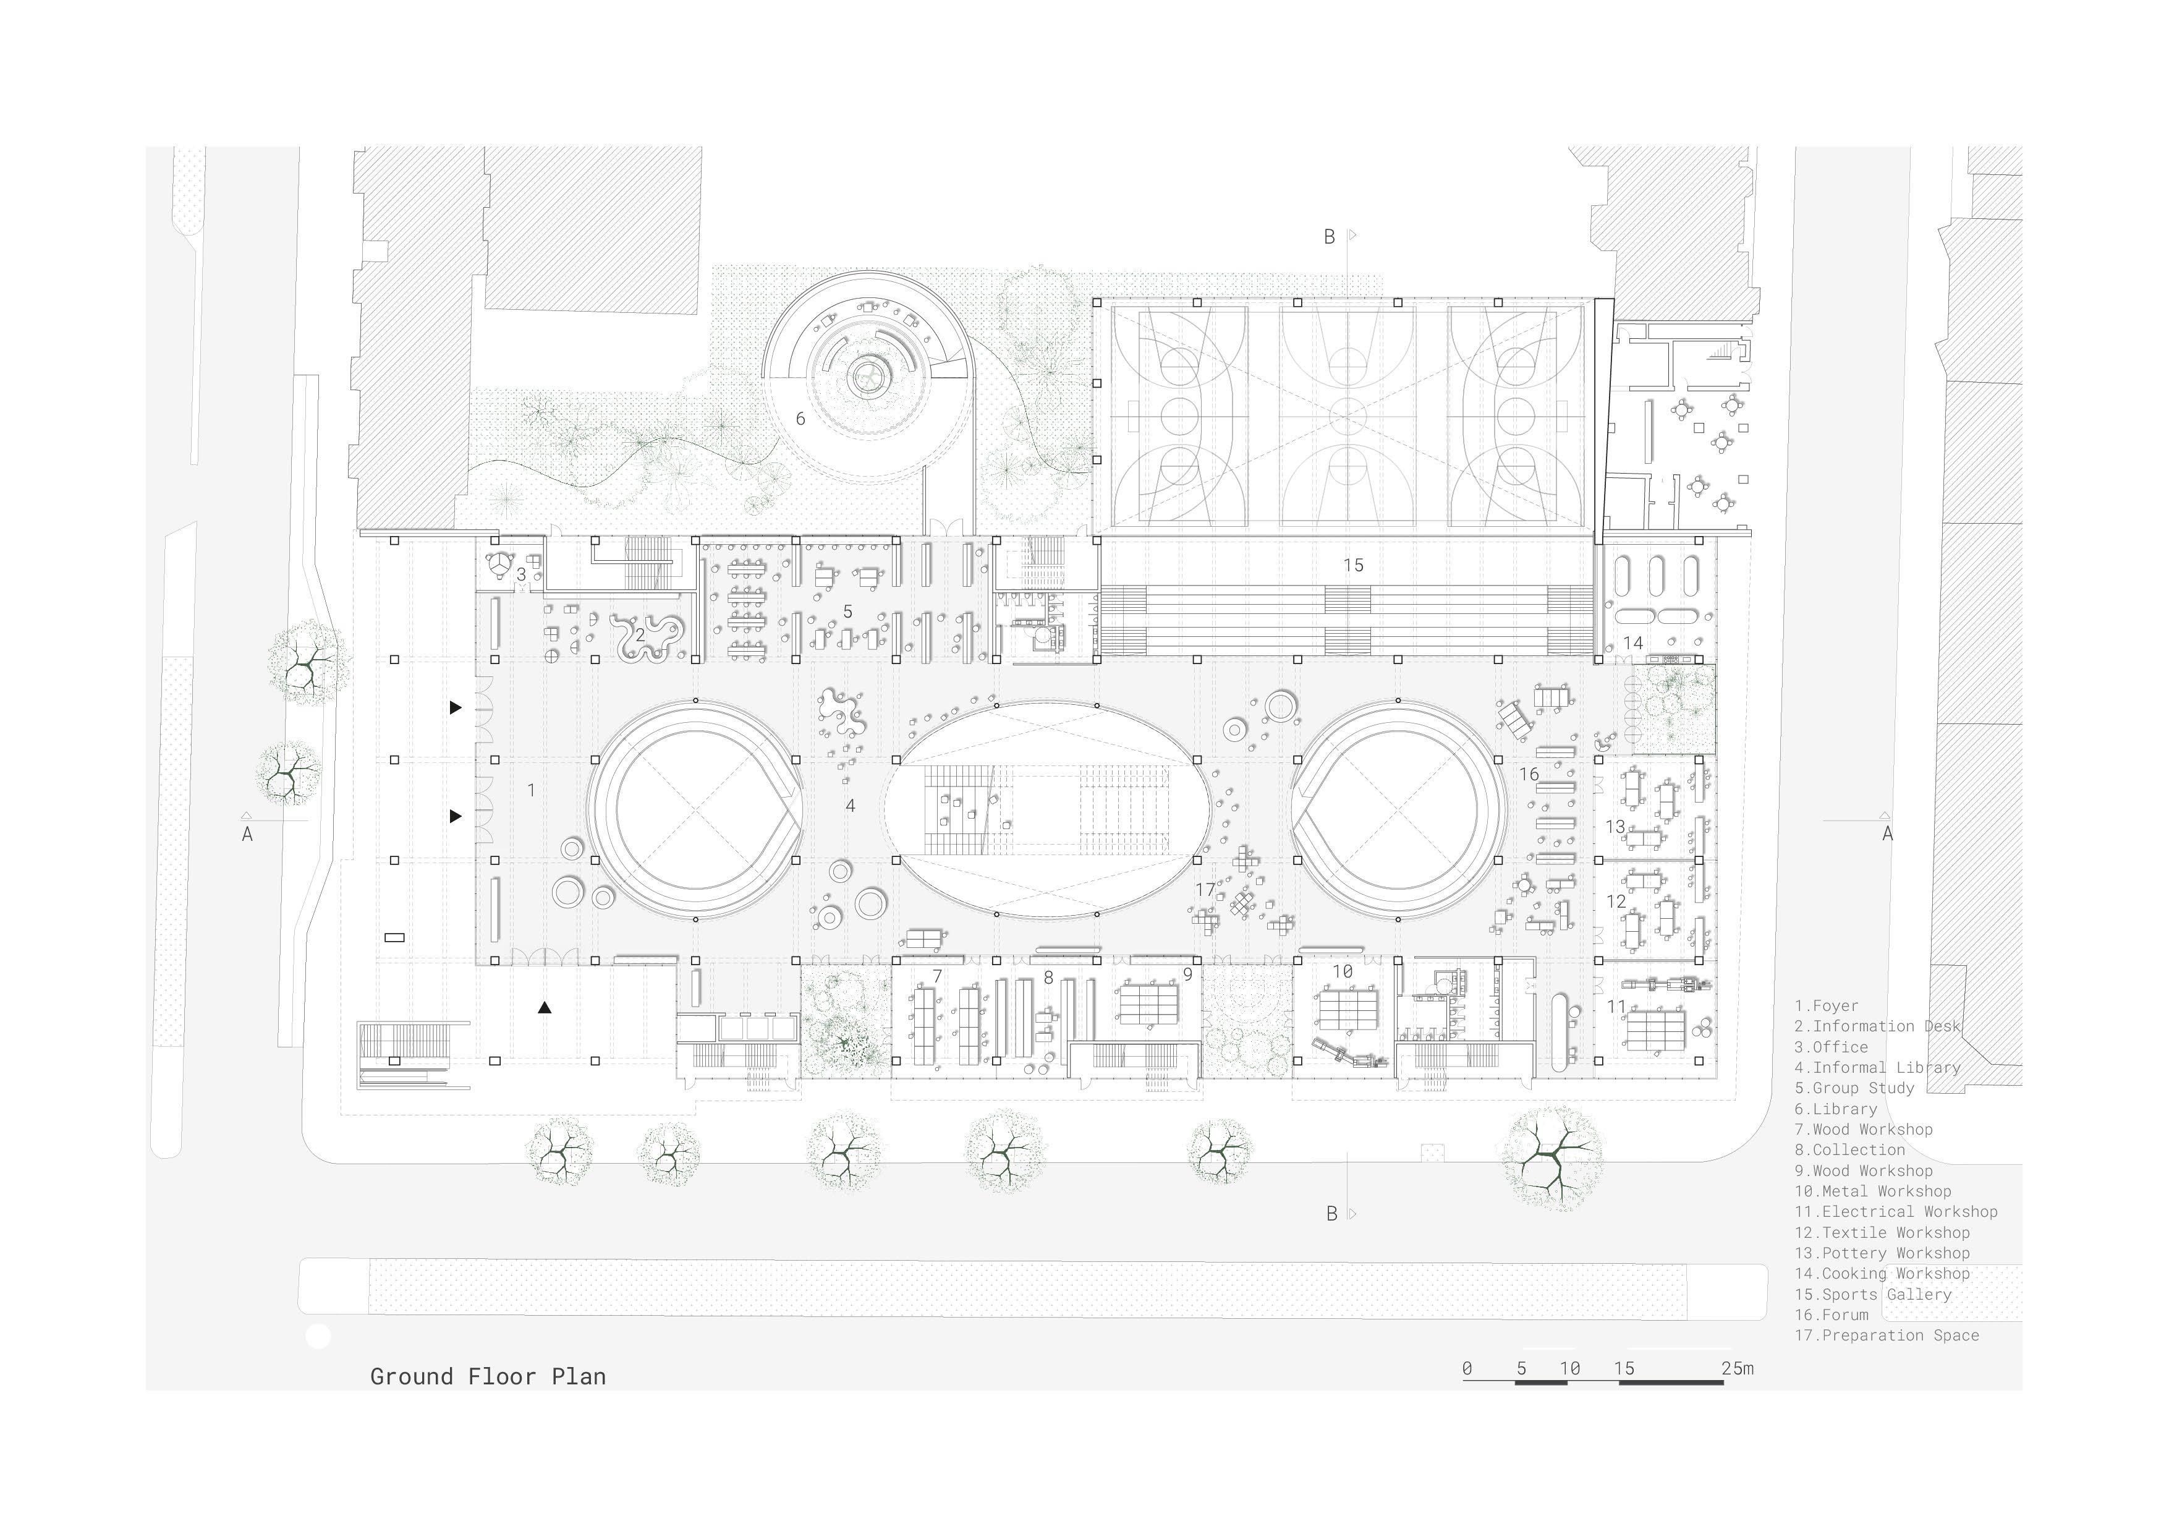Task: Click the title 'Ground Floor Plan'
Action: pyautogui.click(x=488, y=1376)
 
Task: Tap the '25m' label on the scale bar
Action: pyautogui.click(x=1738, y=1368)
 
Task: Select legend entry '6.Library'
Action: pyautogui.click(x=1836, y=1109)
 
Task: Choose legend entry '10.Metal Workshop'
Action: pyautogui.click(x=1872, y=1191)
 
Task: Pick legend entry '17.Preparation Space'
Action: pyautogui.click(x=1887, y=1334)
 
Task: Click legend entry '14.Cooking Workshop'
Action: pyautogui.click(x=1882, y=1273)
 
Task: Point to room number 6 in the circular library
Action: pyautogui.click(x=800, y=418)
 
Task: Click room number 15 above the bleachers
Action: pyautogui.click(x=1353, y=565)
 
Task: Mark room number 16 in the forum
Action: pyautogui.click(x=1529, y=774)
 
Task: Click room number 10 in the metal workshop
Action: pyautogui.click(x=1343, y=971)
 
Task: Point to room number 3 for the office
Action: pyautogui.click(x=520, y=574)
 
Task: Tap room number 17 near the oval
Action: pyautogui.click(x=1205, y=889)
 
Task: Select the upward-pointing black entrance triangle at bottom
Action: pyautogui.click(x=544, y=1008)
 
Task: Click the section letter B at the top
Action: pyautogui.click(x=1329, y=237)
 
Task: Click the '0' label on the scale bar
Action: pyautogui.click(x=1466, y=1368)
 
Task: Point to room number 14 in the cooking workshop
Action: pyautogui.click(x=1632, y=642)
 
